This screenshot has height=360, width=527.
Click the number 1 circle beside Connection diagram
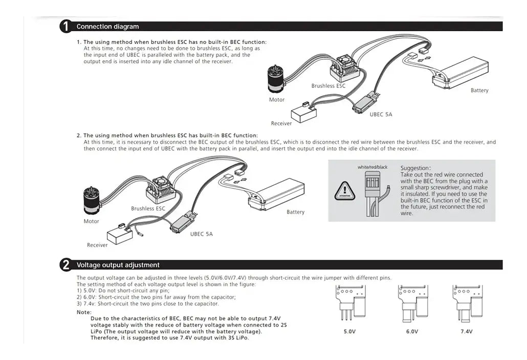coord(66,27)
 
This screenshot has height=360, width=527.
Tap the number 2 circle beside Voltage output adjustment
coord(66,265)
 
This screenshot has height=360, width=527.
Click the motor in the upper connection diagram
coord(276,79)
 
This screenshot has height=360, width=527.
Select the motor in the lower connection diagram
coord(92,201)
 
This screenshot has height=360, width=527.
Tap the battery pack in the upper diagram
coord(460,72)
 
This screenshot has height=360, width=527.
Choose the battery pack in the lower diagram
coord(277,194)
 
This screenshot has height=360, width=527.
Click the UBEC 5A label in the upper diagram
coord(381,115)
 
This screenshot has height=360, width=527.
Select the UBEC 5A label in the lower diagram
coord(201,234)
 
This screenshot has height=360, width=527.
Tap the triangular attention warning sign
coord(344,191)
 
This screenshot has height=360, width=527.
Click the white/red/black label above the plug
coord(372,167)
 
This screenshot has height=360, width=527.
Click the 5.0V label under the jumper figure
coord(349,331)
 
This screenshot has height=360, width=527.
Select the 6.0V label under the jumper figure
coord(412,331)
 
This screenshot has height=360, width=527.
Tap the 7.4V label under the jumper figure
coord(467,331)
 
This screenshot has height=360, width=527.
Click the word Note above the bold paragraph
coord(84,312)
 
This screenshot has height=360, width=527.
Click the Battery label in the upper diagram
coord(479,91)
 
